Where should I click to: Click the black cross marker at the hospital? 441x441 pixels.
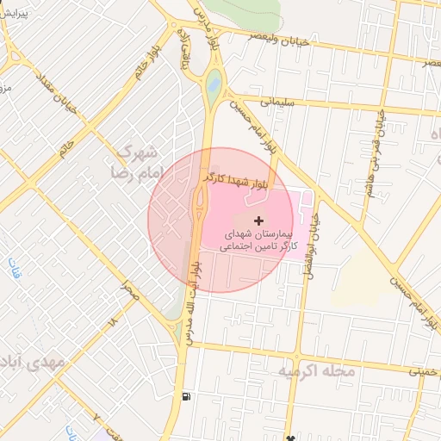click(x=259, y=221)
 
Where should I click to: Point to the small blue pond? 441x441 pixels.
click(x=213, y=84)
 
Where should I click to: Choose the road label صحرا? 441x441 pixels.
click(x=129, y=294)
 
